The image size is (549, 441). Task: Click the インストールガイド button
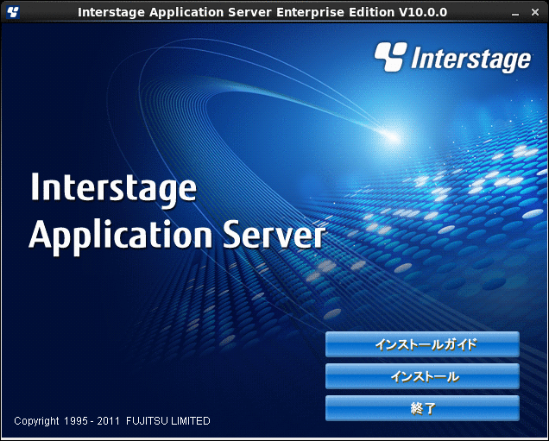[x=422, y=344]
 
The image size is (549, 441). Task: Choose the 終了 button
[x=422, y=408]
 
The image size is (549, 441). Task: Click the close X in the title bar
[x=535, y=12]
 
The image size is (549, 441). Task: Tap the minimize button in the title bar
[x=515, y=13]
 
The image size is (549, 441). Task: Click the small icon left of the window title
[x=13, y=12]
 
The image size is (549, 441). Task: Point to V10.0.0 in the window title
[x=423, y=12]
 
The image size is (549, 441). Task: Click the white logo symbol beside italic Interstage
[x=391, y=56]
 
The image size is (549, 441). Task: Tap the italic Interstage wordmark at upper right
[x=471, y=59]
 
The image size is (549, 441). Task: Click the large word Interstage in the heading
[x=113, y=188]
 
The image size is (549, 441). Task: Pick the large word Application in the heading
[x=121, y=236]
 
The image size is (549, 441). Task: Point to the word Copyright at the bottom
[x=36, y=421]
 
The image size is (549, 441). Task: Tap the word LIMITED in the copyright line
[x=190, y=420]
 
